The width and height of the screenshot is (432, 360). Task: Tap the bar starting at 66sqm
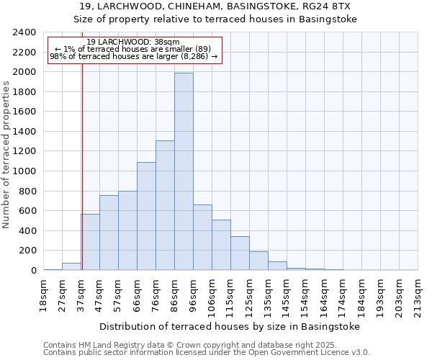click(x=146, y=216)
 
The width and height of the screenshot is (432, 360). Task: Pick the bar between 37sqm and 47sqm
click(x=90, y=242)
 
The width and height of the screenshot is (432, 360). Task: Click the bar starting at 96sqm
click(x=202, y=238)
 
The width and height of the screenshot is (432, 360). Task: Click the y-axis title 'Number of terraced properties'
click(x=6, y=155)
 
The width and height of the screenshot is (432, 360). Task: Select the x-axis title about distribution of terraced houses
click(x=229, y=326)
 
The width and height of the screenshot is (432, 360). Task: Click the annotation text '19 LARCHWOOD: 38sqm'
click(x=133, y=42)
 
